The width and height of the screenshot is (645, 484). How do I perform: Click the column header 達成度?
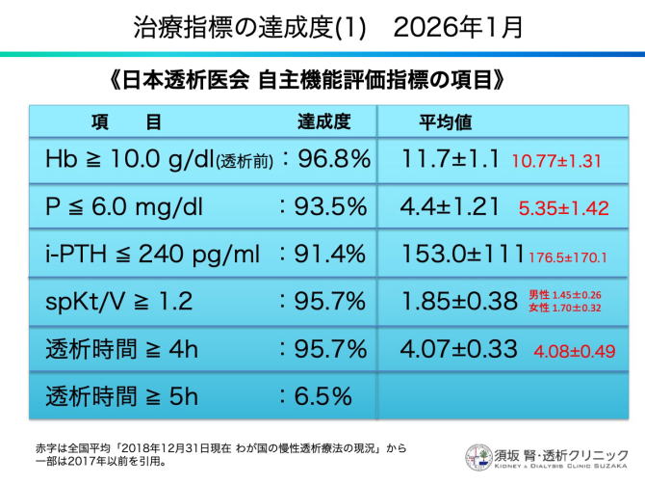(322, 122)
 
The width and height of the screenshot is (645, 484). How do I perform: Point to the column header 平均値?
(444, 122)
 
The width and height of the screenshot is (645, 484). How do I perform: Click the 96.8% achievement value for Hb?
(332, 158)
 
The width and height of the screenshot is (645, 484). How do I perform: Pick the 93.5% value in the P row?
(332, 206)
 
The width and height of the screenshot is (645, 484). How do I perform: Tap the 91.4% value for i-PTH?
(332, 254)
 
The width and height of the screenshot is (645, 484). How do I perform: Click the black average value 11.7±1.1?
(451, 158)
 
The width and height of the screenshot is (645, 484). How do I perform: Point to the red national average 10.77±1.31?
(556, 161)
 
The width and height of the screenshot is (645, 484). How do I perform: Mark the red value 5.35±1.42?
(564, 208)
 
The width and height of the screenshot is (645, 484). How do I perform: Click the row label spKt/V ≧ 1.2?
(118, 301)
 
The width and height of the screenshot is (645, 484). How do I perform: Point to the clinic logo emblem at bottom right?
(478, 457)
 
